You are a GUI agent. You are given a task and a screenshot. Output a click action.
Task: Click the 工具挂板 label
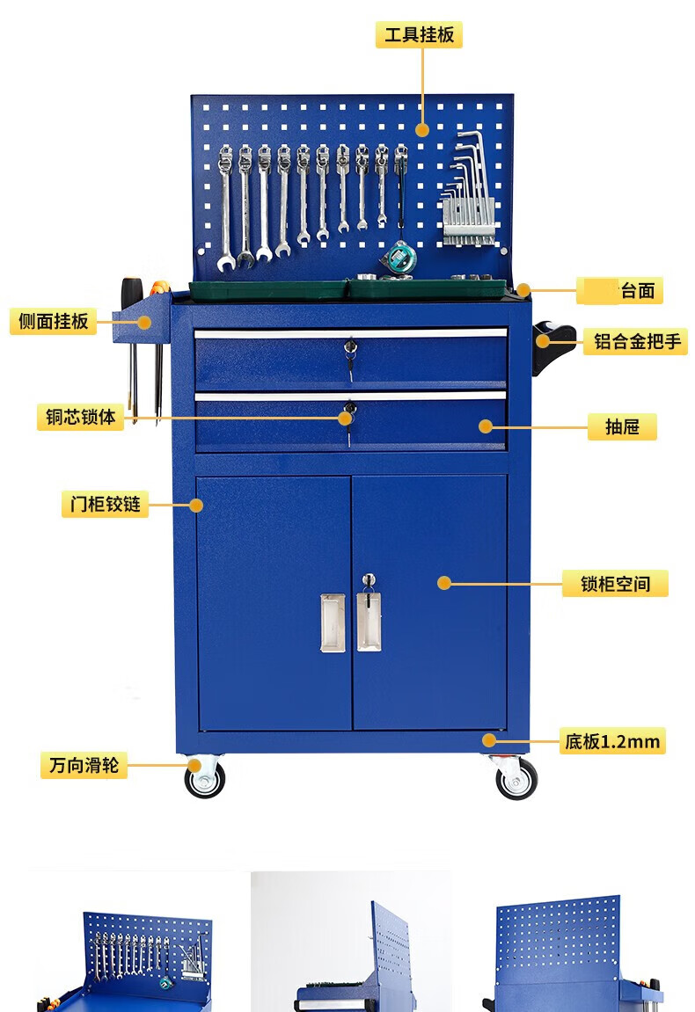pyautogui.click(x=419, y=34)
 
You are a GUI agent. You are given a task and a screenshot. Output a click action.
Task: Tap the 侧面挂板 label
pyautogui.click(x=53, y=321)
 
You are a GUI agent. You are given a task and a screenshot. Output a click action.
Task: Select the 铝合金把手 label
pyautogui.click(x=637, y=341)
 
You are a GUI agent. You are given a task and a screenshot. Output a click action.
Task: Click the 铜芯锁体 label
pyautogui.click(x=80, y=417)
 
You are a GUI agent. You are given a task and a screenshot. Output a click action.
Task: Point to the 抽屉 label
pyautogui.click(x=622, y=426)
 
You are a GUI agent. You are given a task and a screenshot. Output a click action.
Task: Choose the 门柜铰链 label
pyautogui.click(x=105, y=504)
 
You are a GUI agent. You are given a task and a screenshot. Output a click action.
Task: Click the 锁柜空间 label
pyautogui.click(x=615, y=584)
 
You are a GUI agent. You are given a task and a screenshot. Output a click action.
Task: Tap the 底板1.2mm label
pyautogui.click(x=612, y=741)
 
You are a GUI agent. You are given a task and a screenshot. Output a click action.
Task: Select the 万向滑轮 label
pyautogui.click(x=84, y=765)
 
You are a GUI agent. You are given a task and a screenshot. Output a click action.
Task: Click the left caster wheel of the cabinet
pyautogui.click(x=205, y=779)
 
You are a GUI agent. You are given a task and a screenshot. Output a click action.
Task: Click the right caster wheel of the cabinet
pyautogui.click(x=516, y=779)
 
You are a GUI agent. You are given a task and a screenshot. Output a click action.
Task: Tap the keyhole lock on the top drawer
pyautogui.click(x=350, y=347)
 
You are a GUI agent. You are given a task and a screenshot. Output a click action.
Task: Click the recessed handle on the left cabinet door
pyautogui.click(x=333, y=622)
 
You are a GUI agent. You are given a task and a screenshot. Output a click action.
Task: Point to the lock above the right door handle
pyautogui.click(x=368, y=581)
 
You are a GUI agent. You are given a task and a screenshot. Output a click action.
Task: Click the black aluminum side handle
pyautogui.click(x=552, y=346)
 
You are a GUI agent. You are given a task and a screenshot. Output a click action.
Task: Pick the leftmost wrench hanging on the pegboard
pyautogui.click(x=225, y=207)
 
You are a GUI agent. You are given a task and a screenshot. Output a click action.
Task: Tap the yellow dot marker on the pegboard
pyautogui.click(x=422, y=130)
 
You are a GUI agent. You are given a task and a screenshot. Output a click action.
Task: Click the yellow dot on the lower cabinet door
pyautogui.click(x=443, y=584)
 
